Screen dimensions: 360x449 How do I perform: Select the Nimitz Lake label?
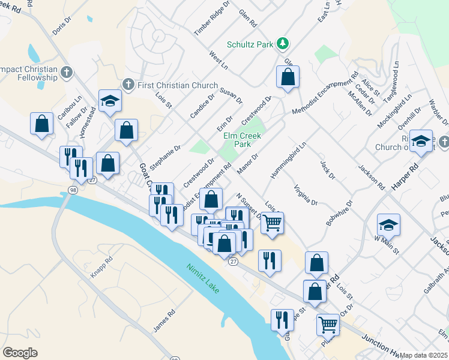coord(202,278)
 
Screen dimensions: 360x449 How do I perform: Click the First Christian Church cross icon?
coord(128,85)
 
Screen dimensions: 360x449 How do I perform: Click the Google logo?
coord(20,353)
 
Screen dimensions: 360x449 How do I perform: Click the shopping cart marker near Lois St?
coord(273,223)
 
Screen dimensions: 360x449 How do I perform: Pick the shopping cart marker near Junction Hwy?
coord(328,324)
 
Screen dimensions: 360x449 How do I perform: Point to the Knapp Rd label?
coord(101,268)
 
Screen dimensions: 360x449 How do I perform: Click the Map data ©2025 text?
coord(424,355)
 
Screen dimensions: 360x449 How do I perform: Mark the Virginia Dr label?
coord(306,194)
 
